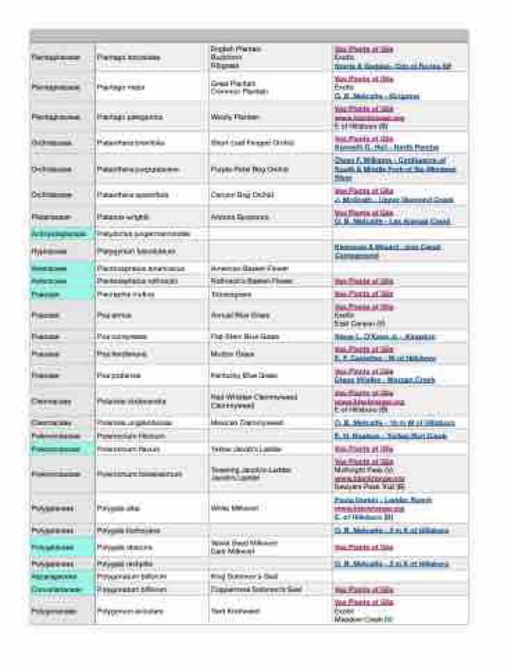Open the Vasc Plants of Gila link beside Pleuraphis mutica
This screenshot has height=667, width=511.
[363, 295]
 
